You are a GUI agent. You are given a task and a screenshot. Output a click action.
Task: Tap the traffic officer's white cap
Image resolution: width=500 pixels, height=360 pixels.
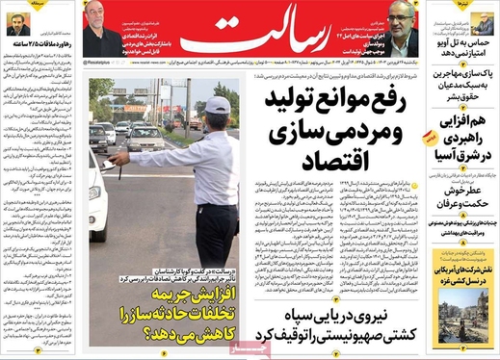[219, 105]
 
